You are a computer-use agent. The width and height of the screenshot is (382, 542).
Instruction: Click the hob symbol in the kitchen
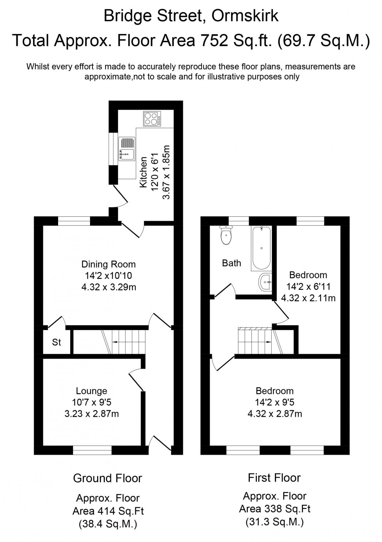pyautogui.click(x=152, y=119)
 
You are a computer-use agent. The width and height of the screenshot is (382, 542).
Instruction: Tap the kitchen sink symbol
pyautogui.click(x=127, y=149)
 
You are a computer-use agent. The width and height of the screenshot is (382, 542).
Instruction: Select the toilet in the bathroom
pyautogui.click(x=226, y=235)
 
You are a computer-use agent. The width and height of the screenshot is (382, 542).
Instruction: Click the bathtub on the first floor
pyautogui.click(x=261, y=248)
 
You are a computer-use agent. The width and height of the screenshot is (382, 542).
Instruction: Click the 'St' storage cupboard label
pyautogui.click(x=57, y=342)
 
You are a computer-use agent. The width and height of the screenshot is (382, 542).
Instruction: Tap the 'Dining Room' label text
pyautogui.click(x=108, y=264)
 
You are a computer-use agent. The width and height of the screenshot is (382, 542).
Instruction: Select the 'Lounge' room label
pyautogui.click(x=92, y=391)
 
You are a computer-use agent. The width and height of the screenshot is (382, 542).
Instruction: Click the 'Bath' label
pyautogui.click(x=232, y=263)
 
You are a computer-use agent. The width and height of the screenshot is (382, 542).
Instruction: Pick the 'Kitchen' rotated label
pyautogui.click(x=143, y=172)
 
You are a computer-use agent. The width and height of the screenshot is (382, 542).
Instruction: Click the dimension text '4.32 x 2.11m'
pyautogui.click(x=308, y=298)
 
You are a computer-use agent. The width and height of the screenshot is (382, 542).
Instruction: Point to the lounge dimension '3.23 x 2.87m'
pyautogui.click(x=92, y=414)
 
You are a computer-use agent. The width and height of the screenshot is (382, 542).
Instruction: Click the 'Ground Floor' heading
pyautogui.click(x=108, y=478)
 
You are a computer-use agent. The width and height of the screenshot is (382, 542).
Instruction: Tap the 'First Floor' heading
pyautogui.click(x=274, y=478)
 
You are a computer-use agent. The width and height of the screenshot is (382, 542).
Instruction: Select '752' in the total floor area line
pyautogui.click(x=213, y=40)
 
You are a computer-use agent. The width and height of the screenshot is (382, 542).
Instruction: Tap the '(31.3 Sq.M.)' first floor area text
pyautogui.click(x=274, y=522)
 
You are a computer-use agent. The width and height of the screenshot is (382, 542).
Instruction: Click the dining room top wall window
pyautogui.click(x=74, y=221)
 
